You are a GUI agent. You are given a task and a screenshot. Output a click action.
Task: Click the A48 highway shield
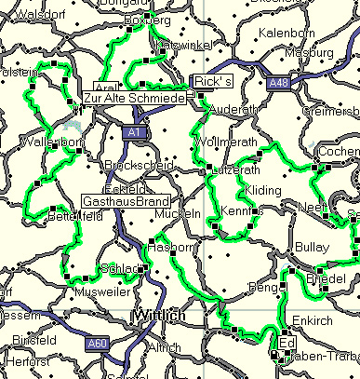point(277,84)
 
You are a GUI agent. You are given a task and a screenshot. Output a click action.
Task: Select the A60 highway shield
point(98,345)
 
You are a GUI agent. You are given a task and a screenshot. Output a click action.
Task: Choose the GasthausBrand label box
point(126,200)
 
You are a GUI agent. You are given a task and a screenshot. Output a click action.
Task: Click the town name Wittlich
point(161,317)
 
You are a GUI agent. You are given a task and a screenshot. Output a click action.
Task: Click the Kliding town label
point(261,191)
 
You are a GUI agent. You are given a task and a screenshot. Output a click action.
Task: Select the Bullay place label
point(311,247)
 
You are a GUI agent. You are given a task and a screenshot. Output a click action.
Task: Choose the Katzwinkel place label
point(186,44)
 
